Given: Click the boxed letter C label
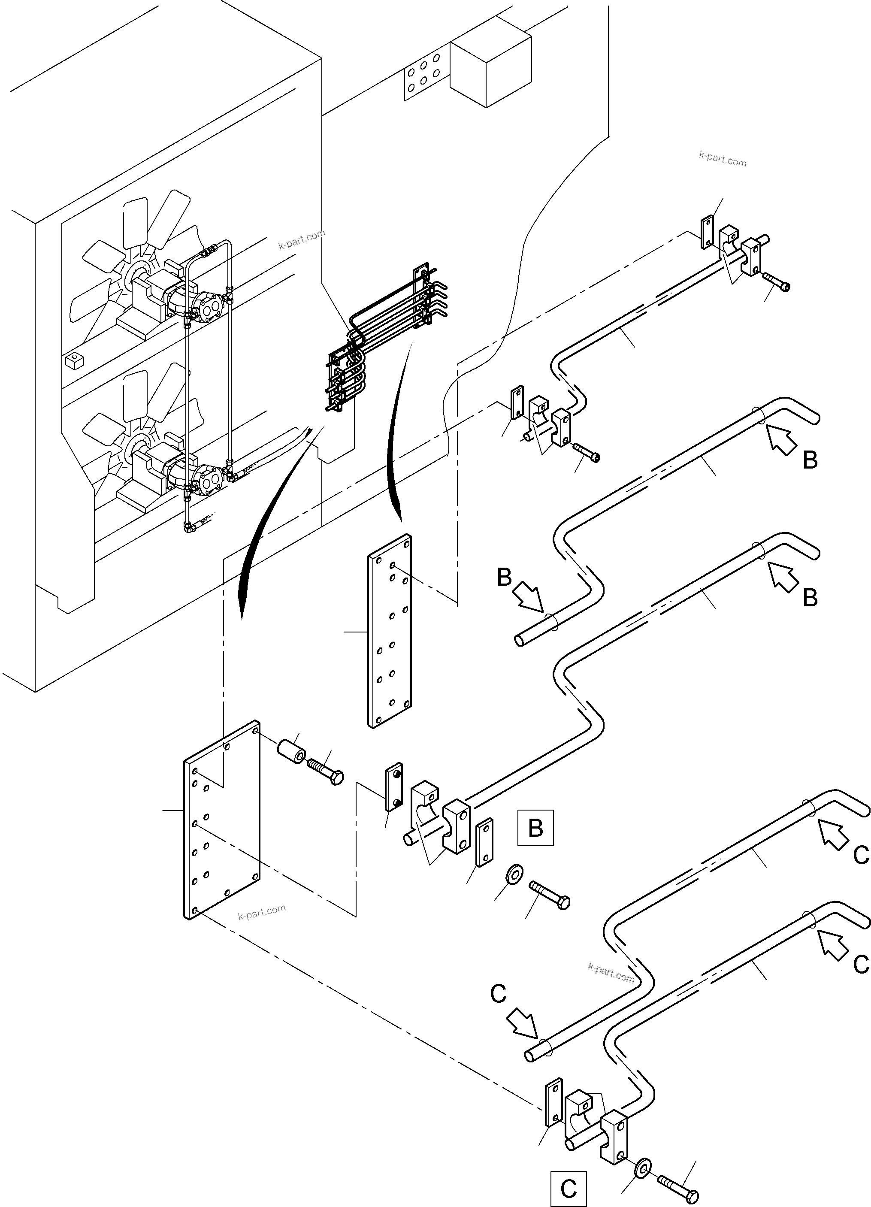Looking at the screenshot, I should pyautogui.click(x=568, y=1189).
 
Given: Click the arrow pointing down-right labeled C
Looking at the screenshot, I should pyautogui.click(x=523, y=1022).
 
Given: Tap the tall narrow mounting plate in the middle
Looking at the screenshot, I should pyautogui.click(x=390, y=631).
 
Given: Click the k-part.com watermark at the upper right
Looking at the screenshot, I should pyautogui.click(x=722, y=159).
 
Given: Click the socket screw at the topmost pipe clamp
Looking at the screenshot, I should pyautogui.click(x=776, y=281).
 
